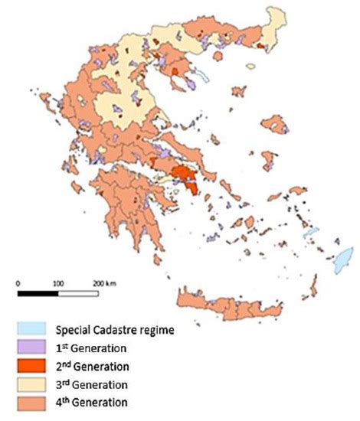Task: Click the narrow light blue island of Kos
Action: click(x=311, y=231)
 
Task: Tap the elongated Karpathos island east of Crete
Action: click(x=313, y=286)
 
